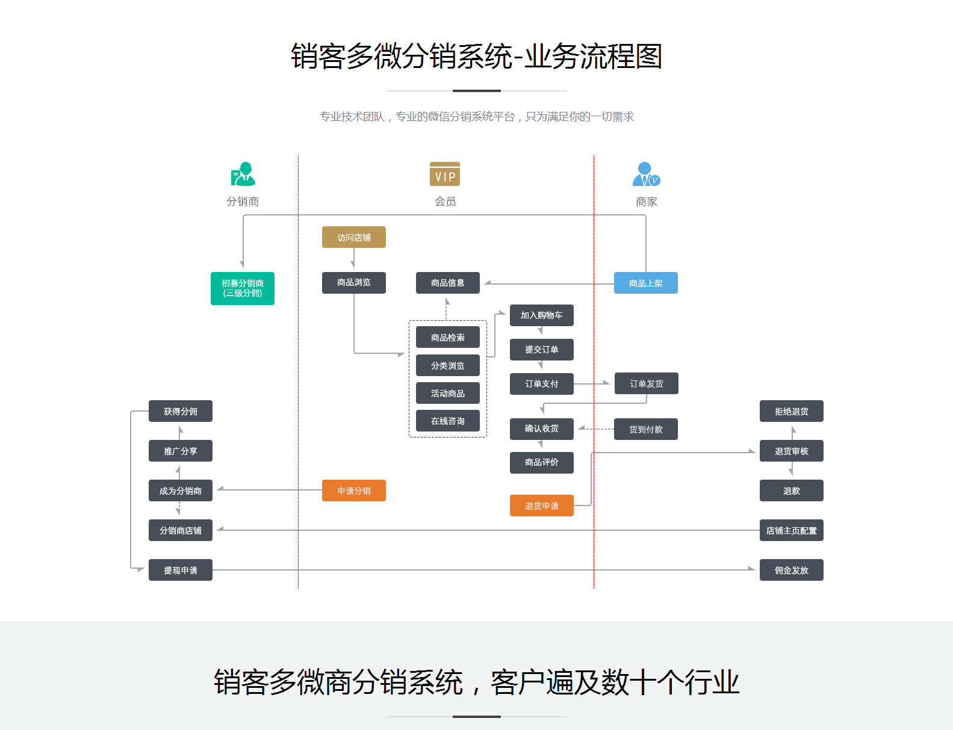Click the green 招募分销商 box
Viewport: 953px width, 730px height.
(x=242, y=288)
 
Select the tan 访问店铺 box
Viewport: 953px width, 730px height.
(x=353, y=237)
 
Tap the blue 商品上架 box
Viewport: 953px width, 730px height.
(x=645, y=283)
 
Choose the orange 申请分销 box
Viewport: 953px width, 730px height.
(x=353, y=490)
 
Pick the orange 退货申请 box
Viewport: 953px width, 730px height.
(x=541, y=506)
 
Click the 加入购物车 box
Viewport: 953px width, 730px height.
(x=541, y=315)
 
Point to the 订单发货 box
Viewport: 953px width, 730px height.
(x=646, y=383)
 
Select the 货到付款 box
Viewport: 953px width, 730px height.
(x=645, y=429)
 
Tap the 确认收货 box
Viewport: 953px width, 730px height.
(x=541, y=428)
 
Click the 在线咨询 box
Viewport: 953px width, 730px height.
(x=447, y=421)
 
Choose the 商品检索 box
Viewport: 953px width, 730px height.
(x=447, y=337)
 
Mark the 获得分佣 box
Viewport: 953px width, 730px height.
(x=180, y=411)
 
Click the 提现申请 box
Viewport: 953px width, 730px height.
(x=180, y=570)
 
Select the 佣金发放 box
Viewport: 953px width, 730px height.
(x=791, y=570)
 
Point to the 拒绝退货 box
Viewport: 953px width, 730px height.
(x=791, y=411)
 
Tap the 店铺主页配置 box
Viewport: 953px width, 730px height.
(x=791, y=530)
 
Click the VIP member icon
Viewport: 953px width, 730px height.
(x=445, y=174)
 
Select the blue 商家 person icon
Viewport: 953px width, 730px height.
(x=646, y=174)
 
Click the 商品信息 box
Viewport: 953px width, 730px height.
(x=447, y=283)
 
